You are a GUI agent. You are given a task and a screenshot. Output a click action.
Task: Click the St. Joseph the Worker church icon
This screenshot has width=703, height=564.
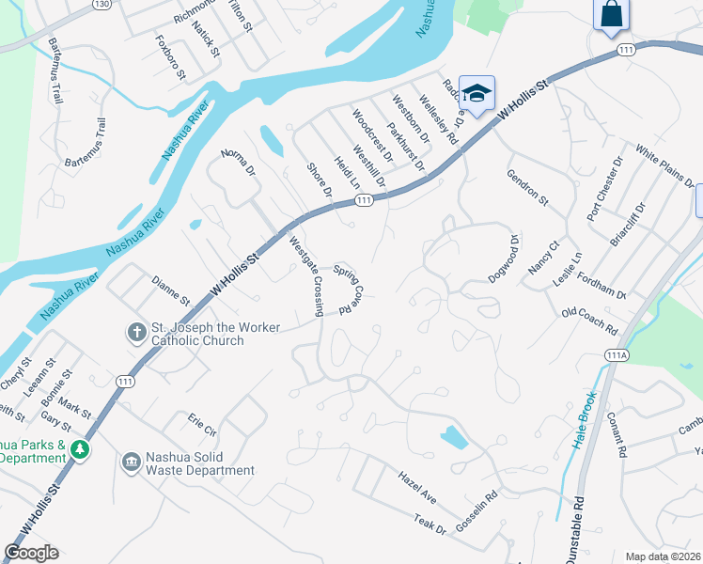tap(136, 331)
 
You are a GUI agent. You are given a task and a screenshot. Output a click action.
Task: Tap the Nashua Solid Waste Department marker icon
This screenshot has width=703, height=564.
tap(132, 462)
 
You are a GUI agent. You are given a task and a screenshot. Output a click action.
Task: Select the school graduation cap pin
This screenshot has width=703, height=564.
tap(476, 93)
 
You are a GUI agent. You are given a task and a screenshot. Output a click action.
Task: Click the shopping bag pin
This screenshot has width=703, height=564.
tap(610, 14)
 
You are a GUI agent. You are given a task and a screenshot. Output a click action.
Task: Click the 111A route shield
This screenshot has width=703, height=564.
tap(617, 355)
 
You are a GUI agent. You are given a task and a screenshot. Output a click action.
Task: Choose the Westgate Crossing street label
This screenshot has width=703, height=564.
tap(306, 275)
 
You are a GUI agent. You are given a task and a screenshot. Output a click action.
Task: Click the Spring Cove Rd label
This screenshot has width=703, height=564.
tap(347, 288)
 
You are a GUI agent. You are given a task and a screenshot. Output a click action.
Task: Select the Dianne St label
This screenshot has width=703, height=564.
tap(171, 290)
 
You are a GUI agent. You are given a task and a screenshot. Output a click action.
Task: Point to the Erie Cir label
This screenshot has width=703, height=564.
tap(202, 424)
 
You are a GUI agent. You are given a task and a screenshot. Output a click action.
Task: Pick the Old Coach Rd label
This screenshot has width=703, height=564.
tap(588, 321)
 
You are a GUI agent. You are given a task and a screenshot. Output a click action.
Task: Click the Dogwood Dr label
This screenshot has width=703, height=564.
tap(504, 258)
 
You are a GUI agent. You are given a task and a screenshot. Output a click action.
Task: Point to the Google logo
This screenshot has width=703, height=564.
tap(31, 553)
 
